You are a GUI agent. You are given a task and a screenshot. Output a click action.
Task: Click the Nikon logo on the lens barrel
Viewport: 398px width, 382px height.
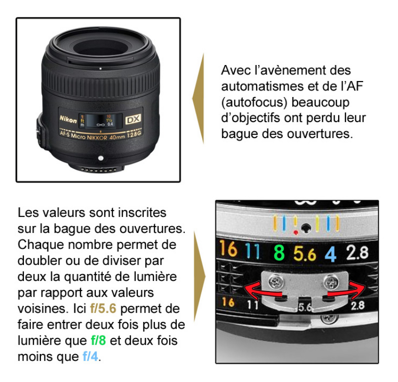[x=68, y=119]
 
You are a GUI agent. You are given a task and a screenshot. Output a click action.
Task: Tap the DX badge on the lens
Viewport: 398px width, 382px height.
[x=133, y=119]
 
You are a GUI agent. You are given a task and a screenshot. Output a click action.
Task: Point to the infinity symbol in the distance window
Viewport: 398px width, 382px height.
[x=101, y=124]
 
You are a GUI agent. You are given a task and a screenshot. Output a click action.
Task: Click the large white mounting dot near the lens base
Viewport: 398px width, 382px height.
[x=101, y=158]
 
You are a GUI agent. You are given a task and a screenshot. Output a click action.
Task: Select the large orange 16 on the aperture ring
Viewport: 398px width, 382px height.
[x=228, y=248]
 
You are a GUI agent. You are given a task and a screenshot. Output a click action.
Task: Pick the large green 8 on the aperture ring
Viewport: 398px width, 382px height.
[x=279, y=252]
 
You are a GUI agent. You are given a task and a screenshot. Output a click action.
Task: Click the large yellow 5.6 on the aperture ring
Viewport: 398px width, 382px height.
[x=305, y=253]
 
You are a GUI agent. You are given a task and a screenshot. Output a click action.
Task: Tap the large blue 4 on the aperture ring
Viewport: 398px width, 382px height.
[x=331, y=254]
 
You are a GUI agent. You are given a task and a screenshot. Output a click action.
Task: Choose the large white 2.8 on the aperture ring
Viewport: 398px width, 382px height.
[x=357, y=252]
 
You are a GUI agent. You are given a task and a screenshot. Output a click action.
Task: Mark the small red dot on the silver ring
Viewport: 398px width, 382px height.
[x=296, y=232]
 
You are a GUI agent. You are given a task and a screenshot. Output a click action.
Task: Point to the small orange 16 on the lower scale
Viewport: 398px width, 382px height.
[x=228, y=302]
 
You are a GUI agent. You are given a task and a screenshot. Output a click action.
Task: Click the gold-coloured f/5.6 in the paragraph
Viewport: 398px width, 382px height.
[x=103, y=308]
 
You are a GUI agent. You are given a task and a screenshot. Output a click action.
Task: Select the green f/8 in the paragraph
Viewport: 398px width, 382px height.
[x=98, y=340]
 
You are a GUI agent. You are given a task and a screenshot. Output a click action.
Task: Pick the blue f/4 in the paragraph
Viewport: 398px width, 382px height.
[x=90, y=356]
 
